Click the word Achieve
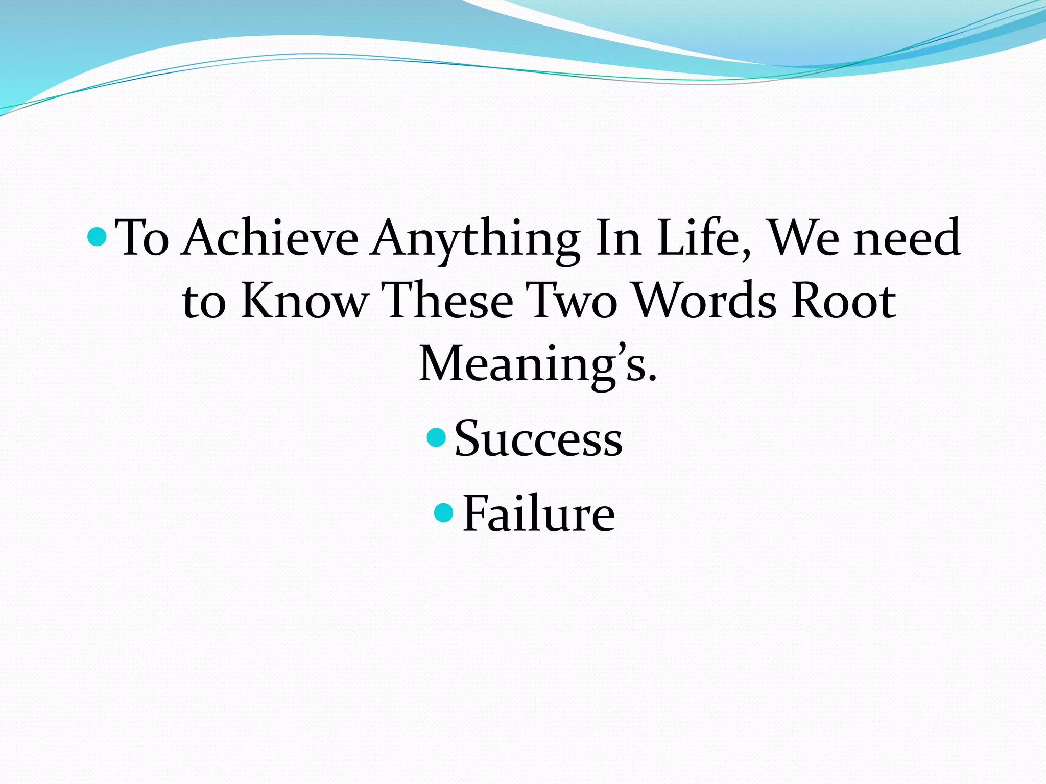point(271,238)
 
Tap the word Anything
point(476,239)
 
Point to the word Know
point(304,301)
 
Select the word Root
point(843,301)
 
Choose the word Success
point(538,439)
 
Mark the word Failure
point(538,514)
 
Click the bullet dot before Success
point(436,437)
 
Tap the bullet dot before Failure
point(443,512)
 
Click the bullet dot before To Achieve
point(97,236)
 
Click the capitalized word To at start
point(142,238)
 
